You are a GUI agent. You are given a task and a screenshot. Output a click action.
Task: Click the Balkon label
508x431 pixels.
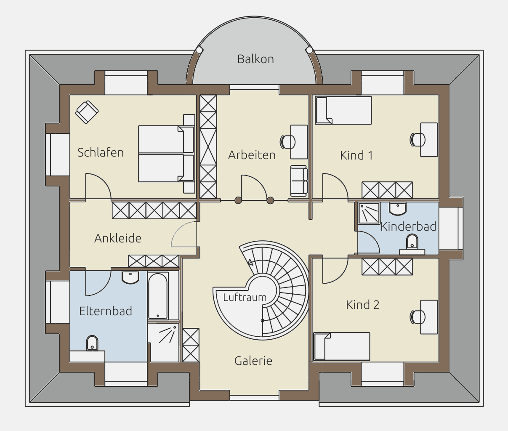[x=255, y=59]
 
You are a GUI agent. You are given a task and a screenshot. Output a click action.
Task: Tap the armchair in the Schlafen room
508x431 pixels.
[x=87, y=112]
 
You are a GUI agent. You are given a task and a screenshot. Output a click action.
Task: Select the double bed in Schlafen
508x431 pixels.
[x=167, y=154]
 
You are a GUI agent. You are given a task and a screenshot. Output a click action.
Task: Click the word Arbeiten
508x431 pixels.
[x=252, y=155]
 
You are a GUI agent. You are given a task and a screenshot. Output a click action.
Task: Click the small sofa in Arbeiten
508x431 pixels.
[x=299, y=181]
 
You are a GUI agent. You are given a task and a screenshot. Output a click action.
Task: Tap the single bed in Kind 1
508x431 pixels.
[x=343, y=110]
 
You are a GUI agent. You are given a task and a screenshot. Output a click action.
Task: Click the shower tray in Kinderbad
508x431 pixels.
[x=369, y=213]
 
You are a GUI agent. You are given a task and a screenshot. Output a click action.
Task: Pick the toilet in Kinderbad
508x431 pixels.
[x=412, y=242]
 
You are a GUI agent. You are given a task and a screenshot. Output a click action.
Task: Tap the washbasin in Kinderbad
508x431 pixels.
[x=398, y=209]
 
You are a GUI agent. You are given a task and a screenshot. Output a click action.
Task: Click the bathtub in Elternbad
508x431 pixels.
[x=158, y=296]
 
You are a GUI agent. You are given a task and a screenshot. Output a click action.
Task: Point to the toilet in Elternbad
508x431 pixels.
[x=92, y=343]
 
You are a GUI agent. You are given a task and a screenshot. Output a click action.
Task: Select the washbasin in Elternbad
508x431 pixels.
[x=130, y=277]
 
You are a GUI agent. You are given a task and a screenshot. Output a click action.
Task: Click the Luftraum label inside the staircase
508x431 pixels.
[x=245, y=298]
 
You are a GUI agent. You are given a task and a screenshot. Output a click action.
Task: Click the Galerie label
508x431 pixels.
[x=253, y=361]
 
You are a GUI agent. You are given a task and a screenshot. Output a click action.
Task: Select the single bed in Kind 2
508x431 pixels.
[x=342, y=346]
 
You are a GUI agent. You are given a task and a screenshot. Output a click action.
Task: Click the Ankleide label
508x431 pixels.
[x=118, y=238]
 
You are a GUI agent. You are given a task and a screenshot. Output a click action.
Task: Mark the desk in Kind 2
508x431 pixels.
[x=429, y=317]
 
